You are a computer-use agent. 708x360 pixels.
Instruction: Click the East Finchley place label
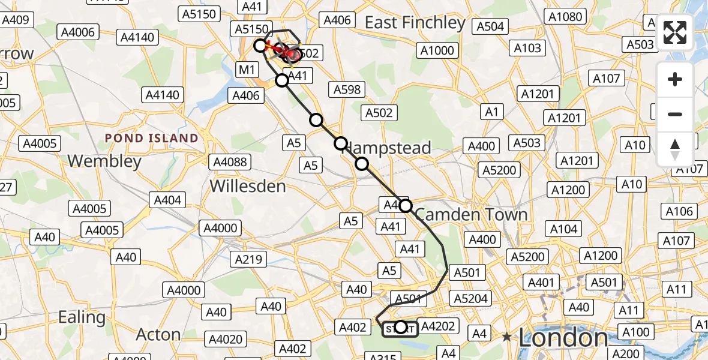[415, 23]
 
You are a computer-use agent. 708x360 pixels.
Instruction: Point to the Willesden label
[248, 186]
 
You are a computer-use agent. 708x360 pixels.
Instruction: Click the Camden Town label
[471, 214]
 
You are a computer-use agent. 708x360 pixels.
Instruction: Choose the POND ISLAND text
[152, 138]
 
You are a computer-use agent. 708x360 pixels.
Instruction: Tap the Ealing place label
[82, 317]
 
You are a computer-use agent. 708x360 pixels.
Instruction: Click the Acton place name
[158, 334]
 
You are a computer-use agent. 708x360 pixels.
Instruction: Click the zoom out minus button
[675, 114]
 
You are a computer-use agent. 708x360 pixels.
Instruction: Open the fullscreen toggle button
[675, 32]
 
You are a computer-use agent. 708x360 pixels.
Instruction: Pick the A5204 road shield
[470, 298]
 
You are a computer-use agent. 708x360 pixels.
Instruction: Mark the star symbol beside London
[508, 337]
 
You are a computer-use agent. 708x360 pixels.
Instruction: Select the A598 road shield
[347, 89]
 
